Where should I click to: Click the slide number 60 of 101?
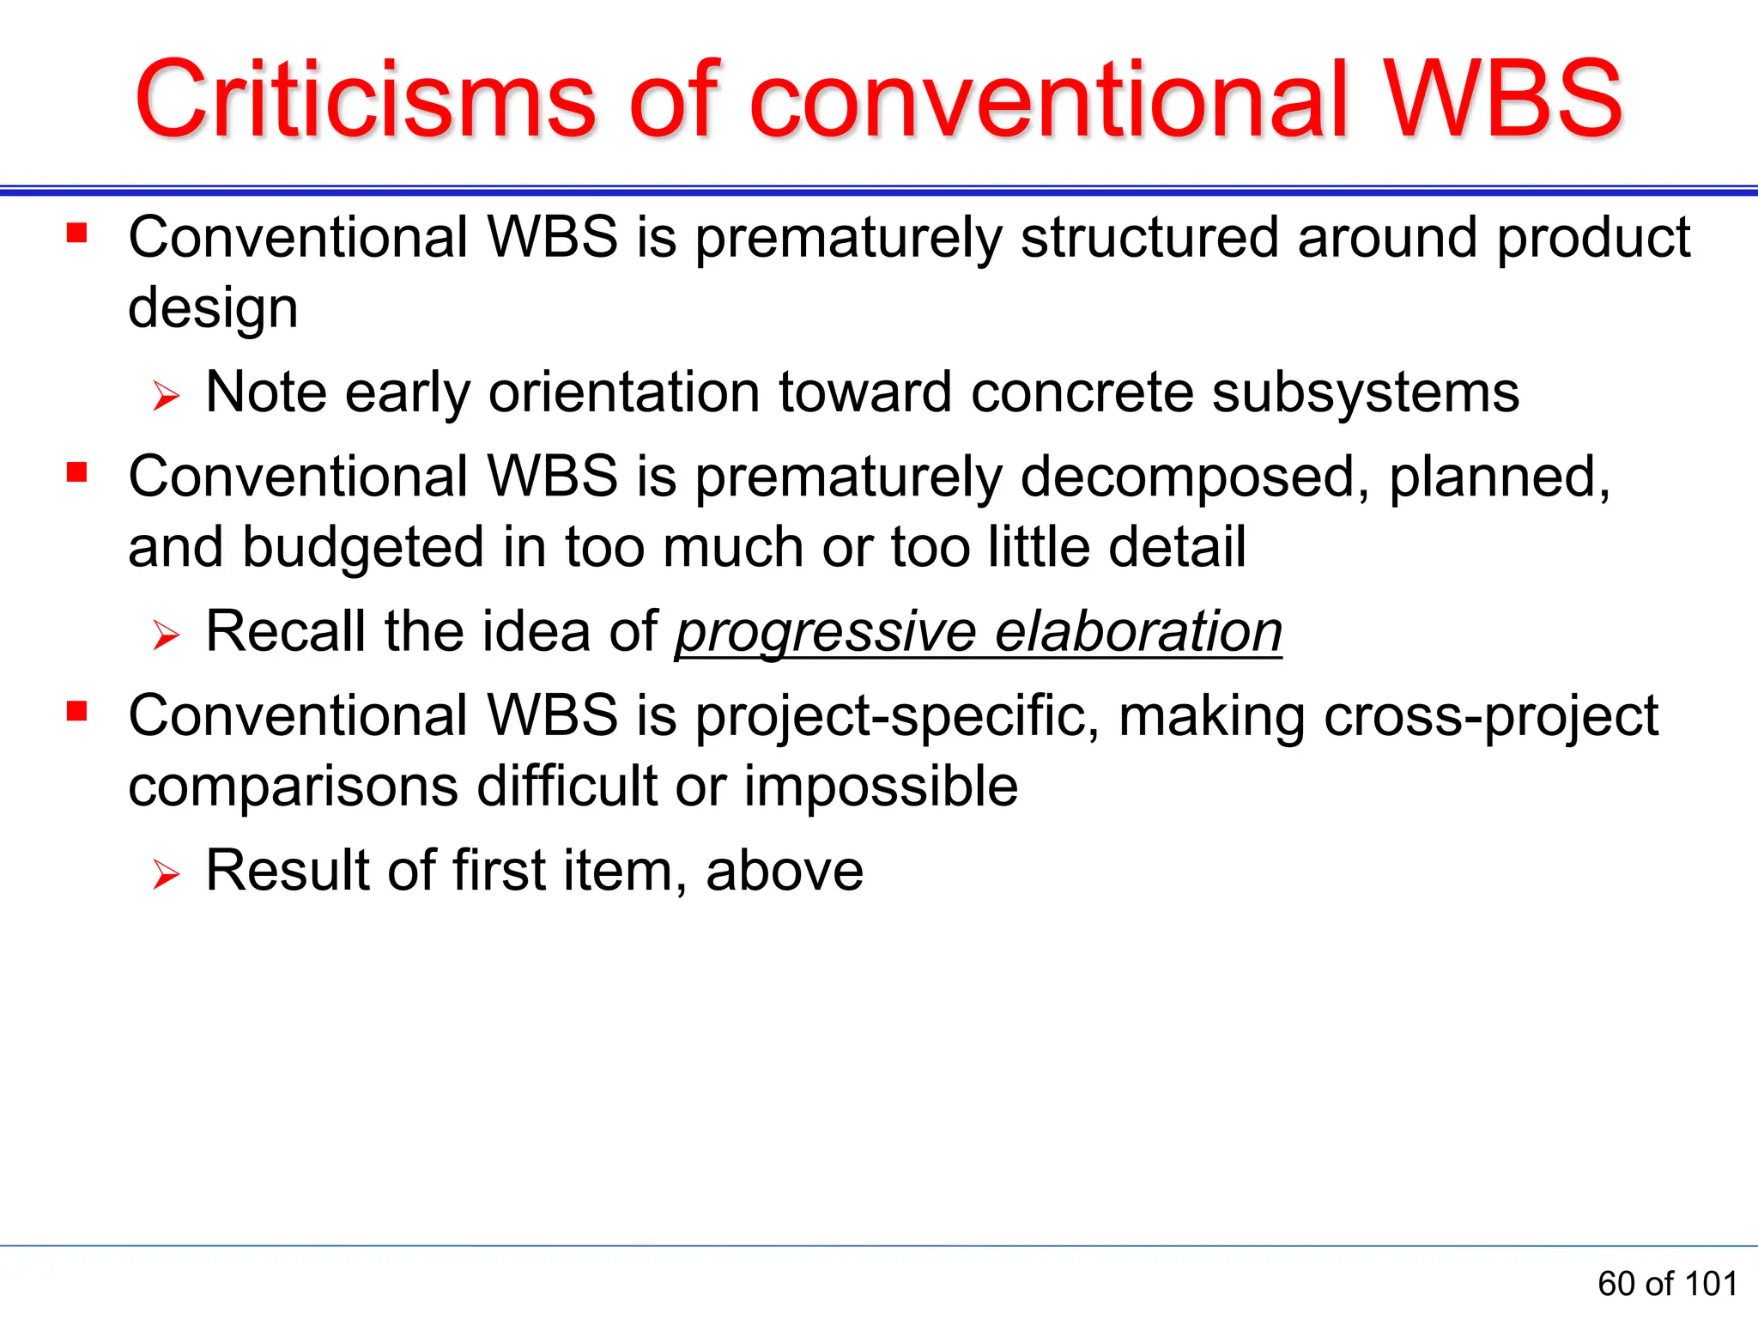(x=1667, y=1284)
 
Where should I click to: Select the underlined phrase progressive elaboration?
(x=979, y=633)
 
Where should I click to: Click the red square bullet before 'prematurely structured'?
(x=77, y=233)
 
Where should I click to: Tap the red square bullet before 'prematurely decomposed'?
(x=77, y=472)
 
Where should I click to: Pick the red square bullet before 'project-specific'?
(x=77, y=711)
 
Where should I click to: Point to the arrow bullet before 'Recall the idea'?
(x=166, y=636)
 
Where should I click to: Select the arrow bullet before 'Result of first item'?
(x=166, y=875)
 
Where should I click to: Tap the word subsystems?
(x=1365, y=393)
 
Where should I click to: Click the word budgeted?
(x=363, y=548)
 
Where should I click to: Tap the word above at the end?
(x=784, y=872)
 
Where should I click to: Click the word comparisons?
(x=293, y=787)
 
